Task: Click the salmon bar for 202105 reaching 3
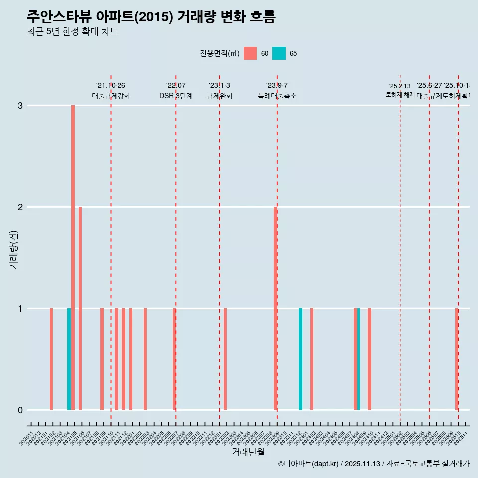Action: coord(73,257)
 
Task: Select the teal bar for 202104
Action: coord(69,359)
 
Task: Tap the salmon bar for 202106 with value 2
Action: coord(80,308)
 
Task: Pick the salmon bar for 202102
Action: coord(51,359)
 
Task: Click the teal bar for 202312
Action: coord(300,359)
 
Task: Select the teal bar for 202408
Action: coord(358,359)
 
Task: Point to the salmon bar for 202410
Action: coord(369,359)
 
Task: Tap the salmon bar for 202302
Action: coord(225,359)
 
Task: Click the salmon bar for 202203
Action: coord(145,359)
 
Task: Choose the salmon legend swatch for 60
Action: coord(250,53)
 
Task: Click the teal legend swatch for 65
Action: coord(279,53)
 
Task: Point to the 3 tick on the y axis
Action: coord(20,106)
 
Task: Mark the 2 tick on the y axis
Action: coord(20,207)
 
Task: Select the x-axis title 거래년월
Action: coord(248,452)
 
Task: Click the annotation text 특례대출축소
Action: coord(277,96)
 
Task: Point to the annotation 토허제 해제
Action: coord(400,95)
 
